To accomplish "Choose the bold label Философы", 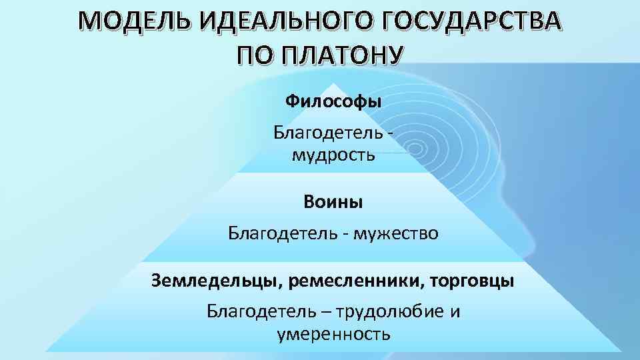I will point(333,102).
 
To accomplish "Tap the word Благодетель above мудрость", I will point(326,133).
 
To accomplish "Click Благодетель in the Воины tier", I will point(281,233).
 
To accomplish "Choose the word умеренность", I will point(333,333).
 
